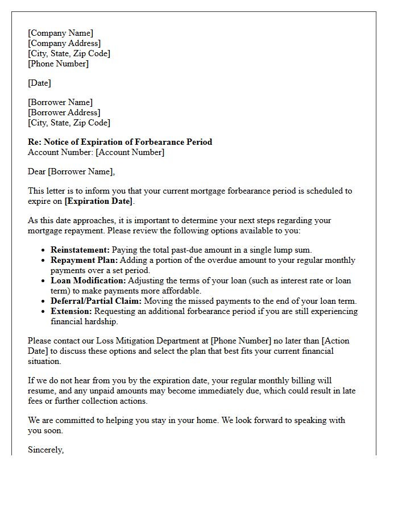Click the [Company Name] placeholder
(60, 33)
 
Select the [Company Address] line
(64, 43)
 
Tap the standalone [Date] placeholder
(39, 83)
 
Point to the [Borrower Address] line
(64, 112)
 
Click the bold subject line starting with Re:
(120, 142)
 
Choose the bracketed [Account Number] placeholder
(130, 152)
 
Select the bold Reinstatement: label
(80, 250)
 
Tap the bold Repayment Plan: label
(83, 260)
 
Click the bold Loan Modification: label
(88, 280)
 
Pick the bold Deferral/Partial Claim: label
(97, 301)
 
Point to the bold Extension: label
(71, 311)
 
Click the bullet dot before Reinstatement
(44, 250)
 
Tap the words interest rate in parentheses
(296, 280)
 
